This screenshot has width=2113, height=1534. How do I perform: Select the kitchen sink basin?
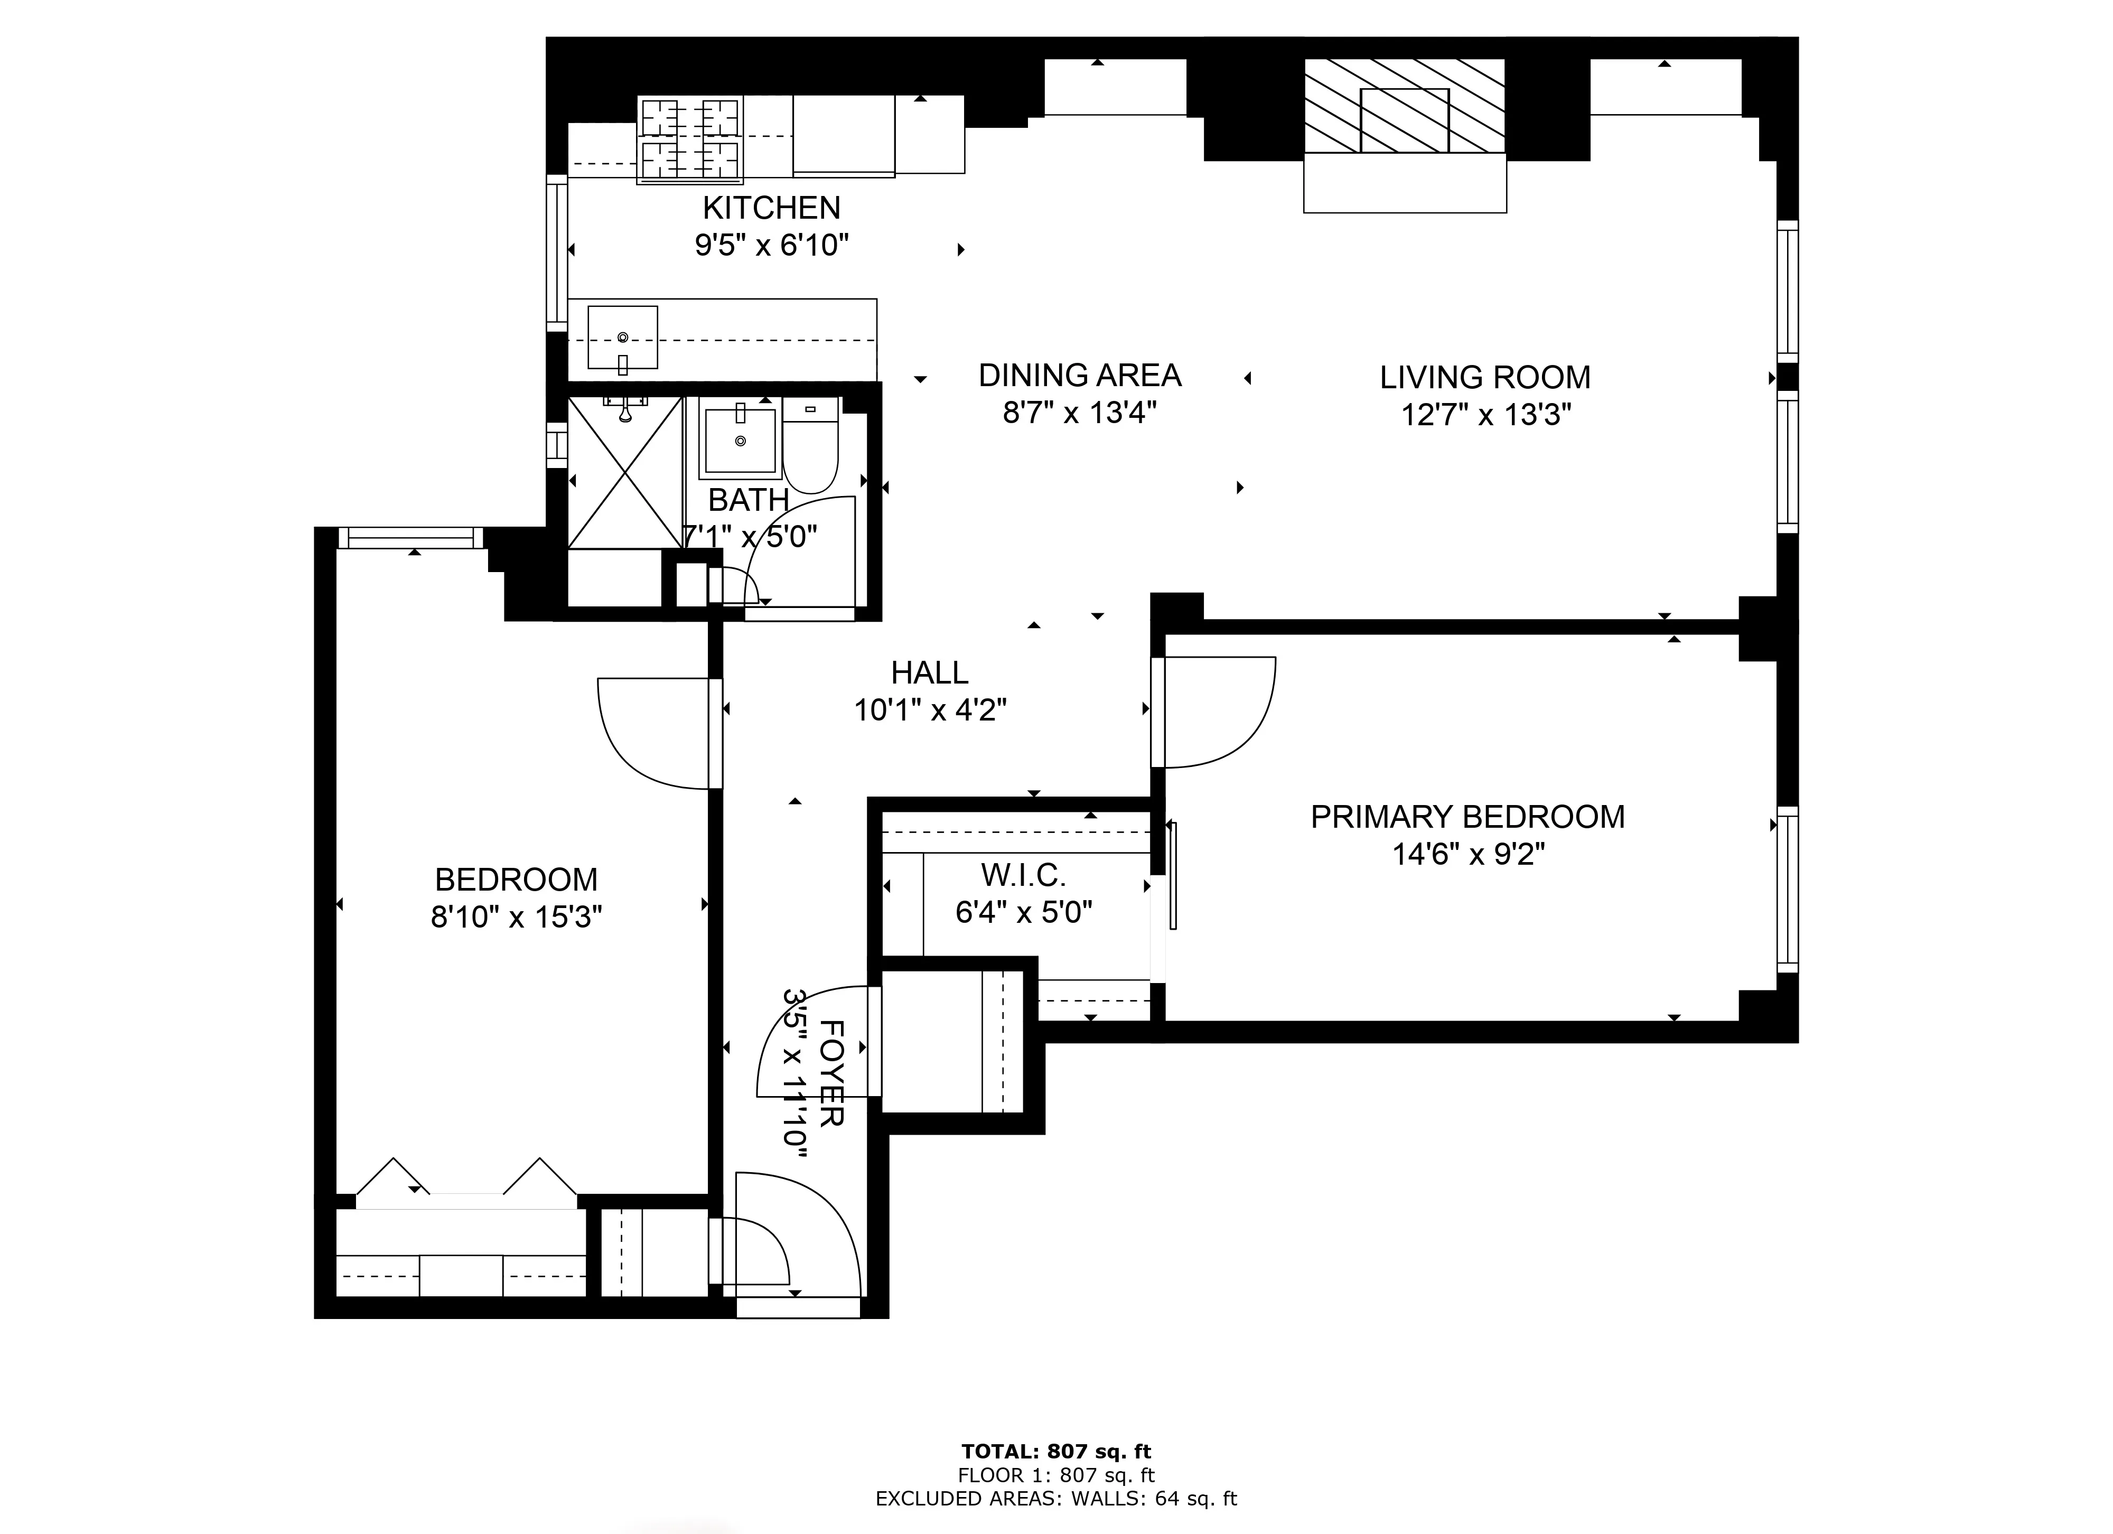622,337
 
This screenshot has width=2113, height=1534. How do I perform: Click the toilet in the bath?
810,447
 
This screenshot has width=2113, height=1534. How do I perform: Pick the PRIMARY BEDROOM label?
1467,817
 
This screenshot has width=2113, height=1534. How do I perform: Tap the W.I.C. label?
1023,875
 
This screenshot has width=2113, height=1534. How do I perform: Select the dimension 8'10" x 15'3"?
516,918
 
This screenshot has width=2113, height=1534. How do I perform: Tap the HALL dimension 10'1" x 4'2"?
930,710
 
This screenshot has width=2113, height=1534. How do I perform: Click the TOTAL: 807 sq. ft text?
1055,1451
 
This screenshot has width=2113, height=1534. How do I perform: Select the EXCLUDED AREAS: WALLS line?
1055,1499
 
